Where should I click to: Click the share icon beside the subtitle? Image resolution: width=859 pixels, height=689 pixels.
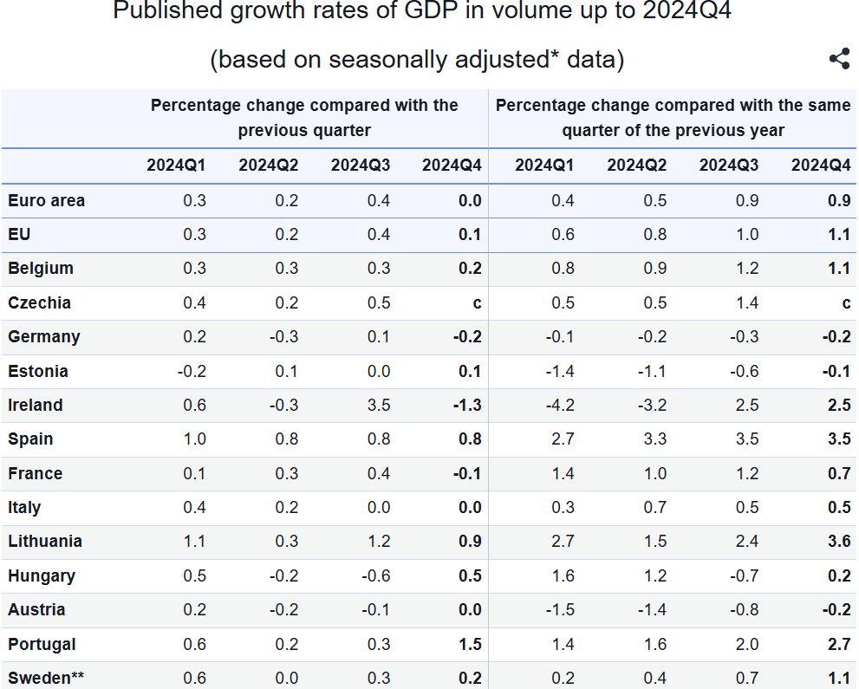point(839,59)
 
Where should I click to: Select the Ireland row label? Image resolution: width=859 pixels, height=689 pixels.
point(36,406)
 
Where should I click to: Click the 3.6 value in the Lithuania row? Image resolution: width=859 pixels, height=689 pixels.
point(838,542)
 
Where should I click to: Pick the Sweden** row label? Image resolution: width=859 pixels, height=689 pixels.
point(46,679)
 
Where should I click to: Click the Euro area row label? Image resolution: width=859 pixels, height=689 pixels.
point(47,201)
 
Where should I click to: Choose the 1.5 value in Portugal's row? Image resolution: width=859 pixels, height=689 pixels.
point(469,645)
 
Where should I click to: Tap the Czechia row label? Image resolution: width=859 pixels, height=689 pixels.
point(40,303)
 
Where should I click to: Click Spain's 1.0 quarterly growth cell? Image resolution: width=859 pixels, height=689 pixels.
point(195,439)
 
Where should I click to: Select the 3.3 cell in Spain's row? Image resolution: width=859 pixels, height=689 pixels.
point(654,439)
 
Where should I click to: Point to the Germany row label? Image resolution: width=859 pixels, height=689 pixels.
point(44,337)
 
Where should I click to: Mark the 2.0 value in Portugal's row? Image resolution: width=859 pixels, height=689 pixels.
point(746,645)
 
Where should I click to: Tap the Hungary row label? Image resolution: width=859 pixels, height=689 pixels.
point(42,576)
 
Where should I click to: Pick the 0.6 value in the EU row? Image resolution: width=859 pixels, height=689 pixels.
point(563,235)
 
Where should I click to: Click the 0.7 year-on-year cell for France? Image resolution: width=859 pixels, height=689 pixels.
point(838,474)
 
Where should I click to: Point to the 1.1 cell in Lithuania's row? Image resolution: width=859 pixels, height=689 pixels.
point(195,542)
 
